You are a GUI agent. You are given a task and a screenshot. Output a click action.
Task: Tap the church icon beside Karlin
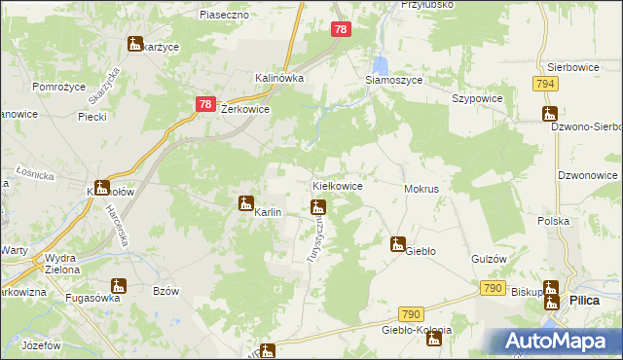(x=246, y=203)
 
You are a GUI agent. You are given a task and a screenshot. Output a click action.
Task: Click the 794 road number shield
(x=545, y=85)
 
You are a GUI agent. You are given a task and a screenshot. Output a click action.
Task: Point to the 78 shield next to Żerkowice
(x=204, y=104)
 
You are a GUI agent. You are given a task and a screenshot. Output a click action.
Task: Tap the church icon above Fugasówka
(x=119, y=285)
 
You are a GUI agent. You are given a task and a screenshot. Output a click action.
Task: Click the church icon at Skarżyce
(x=134, y=44)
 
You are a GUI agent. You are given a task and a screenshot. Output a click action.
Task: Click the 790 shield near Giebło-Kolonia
(x=412, y=314)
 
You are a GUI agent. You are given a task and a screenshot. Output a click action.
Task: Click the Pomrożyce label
(x=57, y=87)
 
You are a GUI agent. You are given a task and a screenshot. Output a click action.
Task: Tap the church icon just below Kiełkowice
(x=316, y=206)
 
